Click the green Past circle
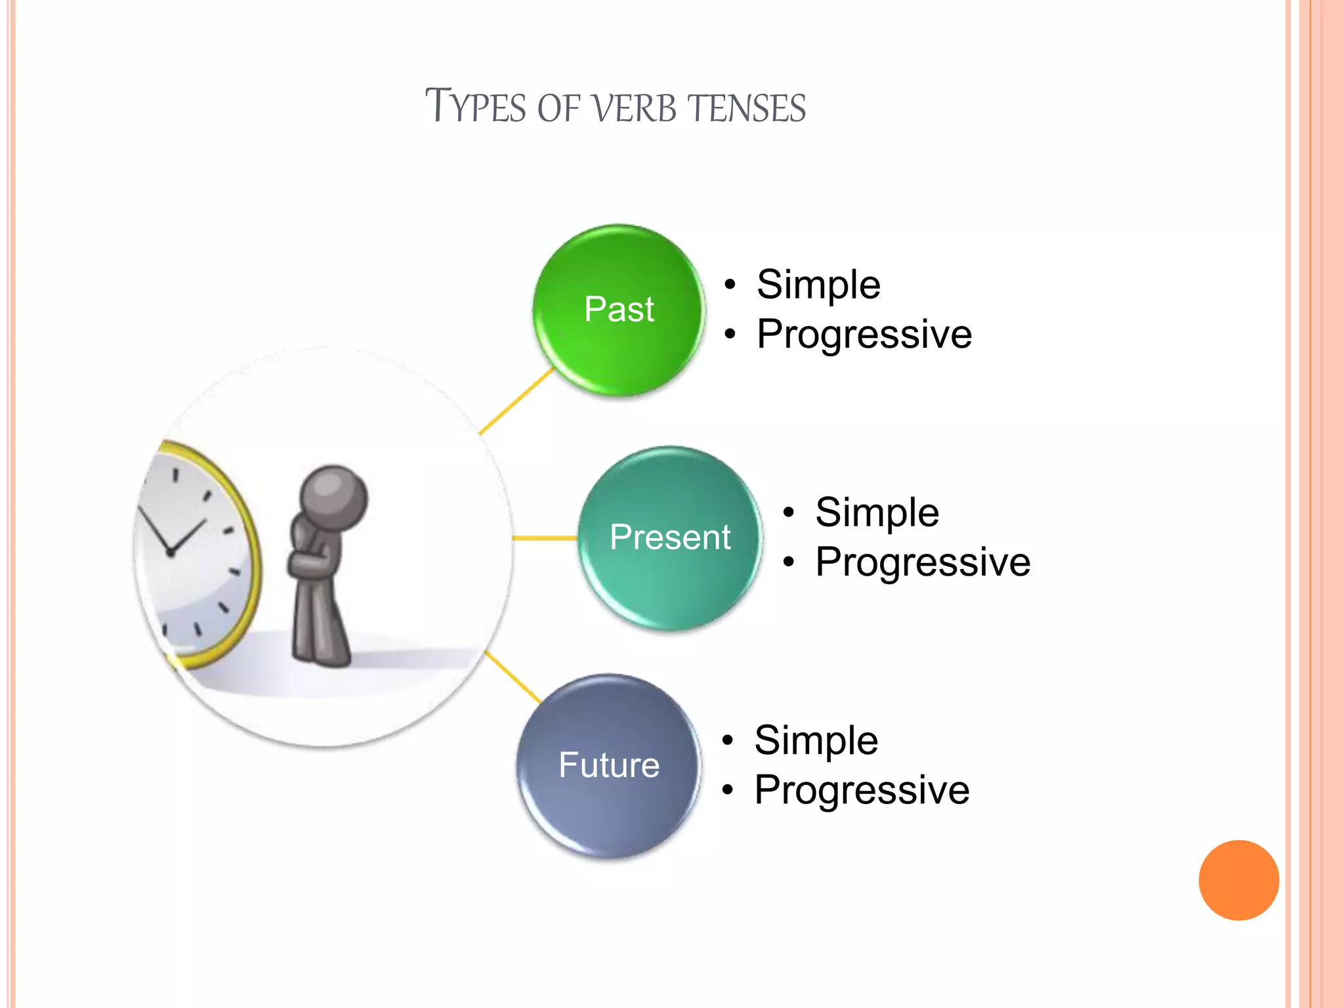[x=618, y=310]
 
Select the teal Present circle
[x=669, y=537]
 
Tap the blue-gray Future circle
[x=609, y=765]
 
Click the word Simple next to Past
[x=818, y=285]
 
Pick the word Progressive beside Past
[x=864, y=334]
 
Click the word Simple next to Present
[x=877, y=512]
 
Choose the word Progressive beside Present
[x=923, y=562]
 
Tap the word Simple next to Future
[x=816, y=740]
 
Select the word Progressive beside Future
[x=862, y=789]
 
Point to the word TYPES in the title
[x=475, y=106]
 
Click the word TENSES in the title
[x=747, y=108]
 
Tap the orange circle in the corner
[x=1238, y=880]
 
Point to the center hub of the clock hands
[x=171, y=553]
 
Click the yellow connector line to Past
[x=517, y=402]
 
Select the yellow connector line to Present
[x=544, y=538]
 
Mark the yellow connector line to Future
[x=513, y=678]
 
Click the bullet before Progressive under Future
[x=727, y=791]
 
